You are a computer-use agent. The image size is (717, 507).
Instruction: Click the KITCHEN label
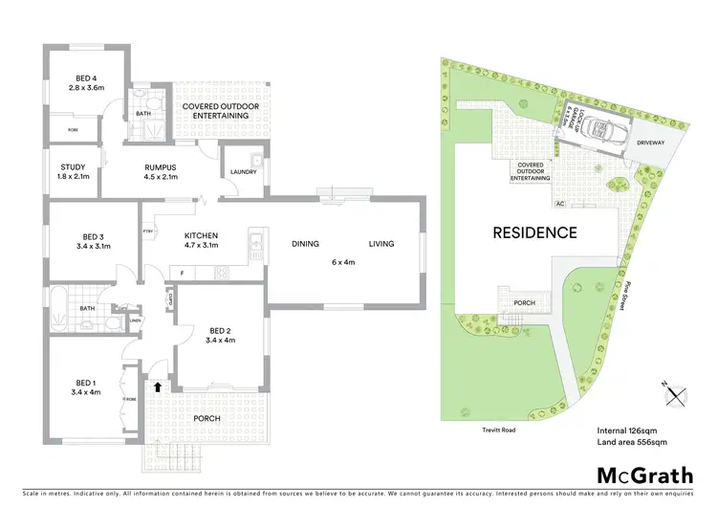202,235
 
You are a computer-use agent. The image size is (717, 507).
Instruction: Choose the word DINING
306,243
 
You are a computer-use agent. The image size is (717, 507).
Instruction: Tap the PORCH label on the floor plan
206,417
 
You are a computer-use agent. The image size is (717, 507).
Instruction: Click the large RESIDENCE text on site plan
534,232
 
